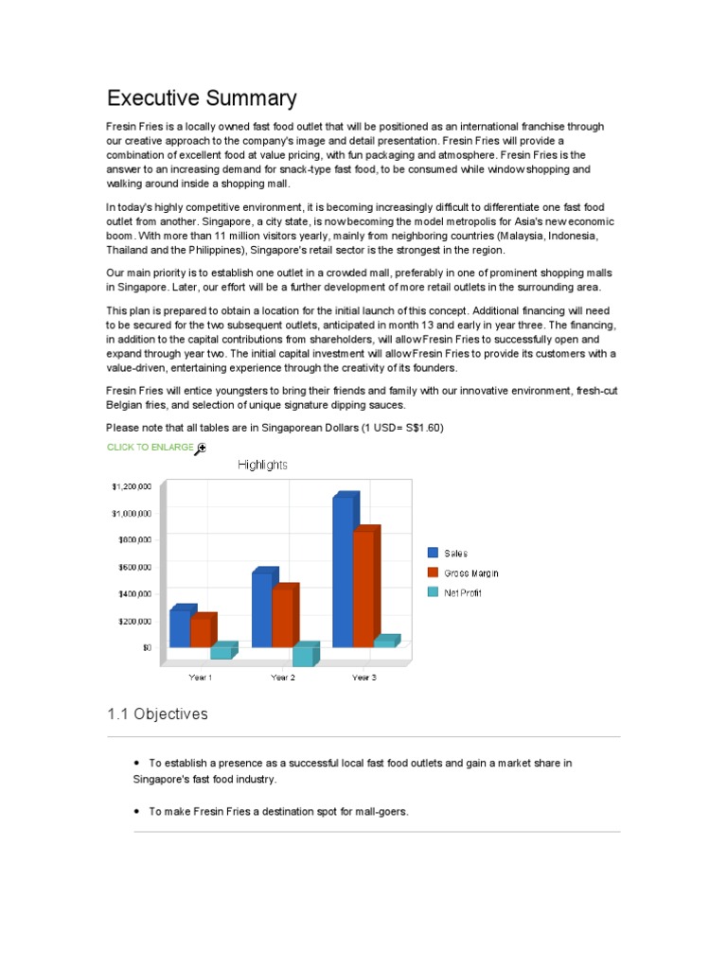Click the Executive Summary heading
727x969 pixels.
pos(202,98)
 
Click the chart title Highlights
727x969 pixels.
pos(262,465)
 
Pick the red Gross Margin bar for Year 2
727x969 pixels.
pos(282,616)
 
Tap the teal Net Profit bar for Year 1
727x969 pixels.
pos(221,652)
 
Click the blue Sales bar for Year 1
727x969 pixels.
pos(180,627)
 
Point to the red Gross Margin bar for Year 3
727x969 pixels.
pos(363,588)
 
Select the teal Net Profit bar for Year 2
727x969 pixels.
pos(303,656)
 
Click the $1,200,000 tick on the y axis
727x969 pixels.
pos(131,486)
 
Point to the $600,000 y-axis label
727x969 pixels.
pos(133,567)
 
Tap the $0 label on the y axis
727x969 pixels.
pos(146,647)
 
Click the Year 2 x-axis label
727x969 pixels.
pos(282,678)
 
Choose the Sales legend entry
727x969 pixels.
pos(455,554)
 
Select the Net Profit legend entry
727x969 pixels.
pos(462,593)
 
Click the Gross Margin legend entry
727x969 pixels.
pos(470,573)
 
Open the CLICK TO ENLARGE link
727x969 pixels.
pos(151,447)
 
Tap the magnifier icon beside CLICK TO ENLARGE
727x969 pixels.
pos(201,448)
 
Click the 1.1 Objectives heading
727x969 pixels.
pos(157,714)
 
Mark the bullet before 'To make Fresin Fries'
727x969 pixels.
pos(137,811)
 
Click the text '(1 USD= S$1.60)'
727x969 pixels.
pos(390,428)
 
